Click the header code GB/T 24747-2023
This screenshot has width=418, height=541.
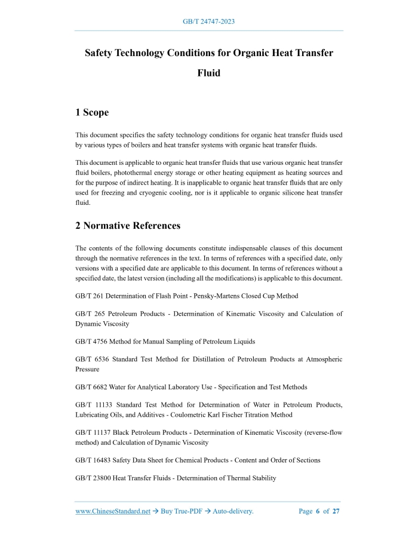(x=208, y=21)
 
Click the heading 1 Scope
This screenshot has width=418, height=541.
(x=92, y=112)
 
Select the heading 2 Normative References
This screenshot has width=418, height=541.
(x=128, y=226)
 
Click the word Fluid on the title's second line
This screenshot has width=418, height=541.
(x=208, y=73)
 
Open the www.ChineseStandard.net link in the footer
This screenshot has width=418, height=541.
(x=113, y=511)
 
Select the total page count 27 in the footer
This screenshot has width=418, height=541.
(x=336, y=511)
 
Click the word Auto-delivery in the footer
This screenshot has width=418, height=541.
(x=233, y=511)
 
